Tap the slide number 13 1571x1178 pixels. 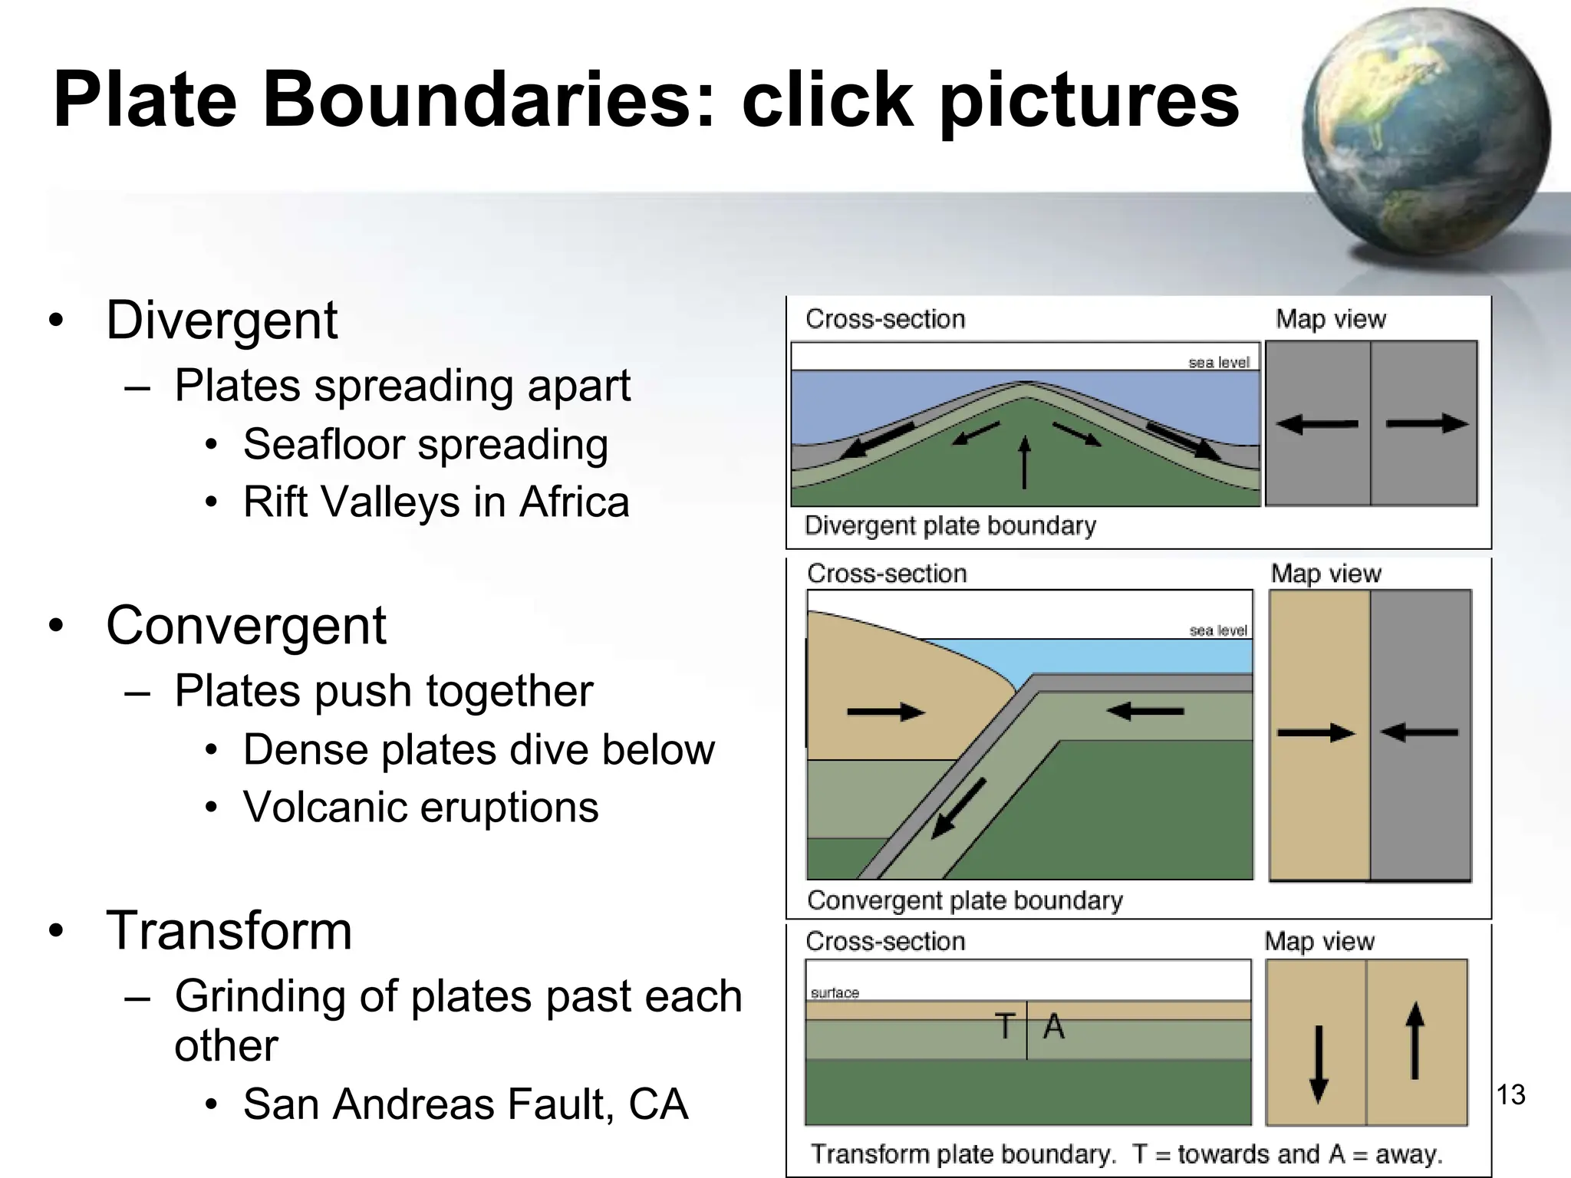(1510, 1094)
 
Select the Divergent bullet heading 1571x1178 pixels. (222, 320)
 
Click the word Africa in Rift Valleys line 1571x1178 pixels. (574, 502)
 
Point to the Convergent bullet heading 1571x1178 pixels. (245, 626)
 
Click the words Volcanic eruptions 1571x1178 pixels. (420, 808)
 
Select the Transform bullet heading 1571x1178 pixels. (229, 930)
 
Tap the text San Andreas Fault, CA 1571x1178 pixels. (465, 1104)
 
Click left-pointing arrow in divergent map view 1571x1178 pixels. (1316, 423)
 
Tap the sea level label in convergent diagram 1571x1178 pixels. (1218, 630)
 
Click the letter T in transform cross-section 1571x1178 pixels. (1004, 1026)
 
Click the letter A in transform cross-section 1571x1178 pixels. (1054, 1026)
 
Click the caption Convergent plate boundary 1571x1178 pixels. (964, 900)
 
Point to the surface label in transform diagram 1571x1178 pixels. (835, 993)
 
